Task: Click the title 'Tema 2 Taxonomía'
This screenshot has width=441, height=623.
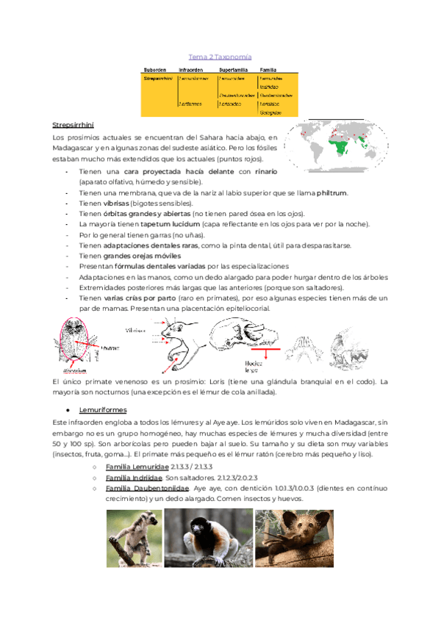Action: [x=220, y=57]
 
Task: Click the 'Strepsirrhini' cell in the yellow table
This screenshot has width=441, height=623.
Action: [x=157, y=77]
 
